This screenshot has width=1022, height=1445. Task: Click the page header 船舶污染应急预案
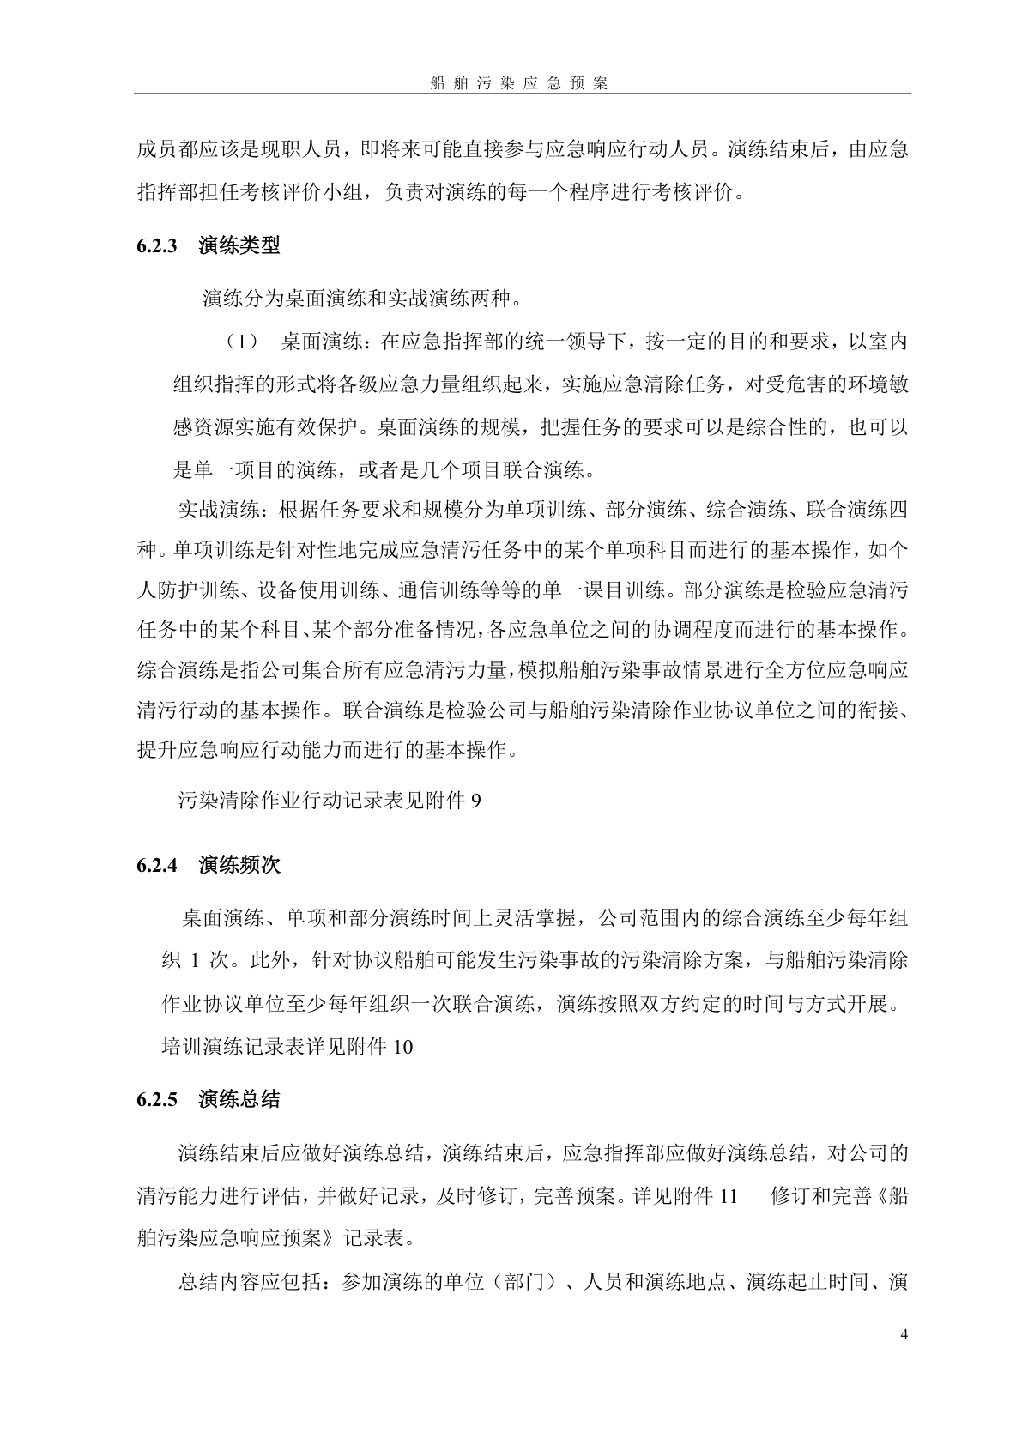pos(518,83)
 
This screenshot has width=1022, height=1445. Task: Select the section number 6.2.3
pos(156,245)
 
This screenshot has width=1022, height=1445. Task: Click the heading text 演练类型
pos(239,245)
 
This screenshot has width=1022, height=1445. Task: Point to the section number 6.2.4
pos(156,865)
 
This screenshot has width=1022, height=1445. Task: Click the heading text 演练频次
pos(239,865)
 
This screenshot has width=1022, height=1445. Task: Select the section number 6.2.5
pos(156,1099)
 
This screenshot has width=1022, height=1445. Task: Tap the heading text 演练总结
pos(239,1099)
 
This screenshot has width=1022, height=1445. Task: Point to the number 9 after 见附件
pos(476,801)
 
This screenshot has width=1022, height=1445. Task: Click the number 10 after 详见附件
pos(402,1047)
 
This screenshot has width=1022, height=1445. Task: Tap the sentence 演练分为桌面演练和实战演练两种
pos(362,299)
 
